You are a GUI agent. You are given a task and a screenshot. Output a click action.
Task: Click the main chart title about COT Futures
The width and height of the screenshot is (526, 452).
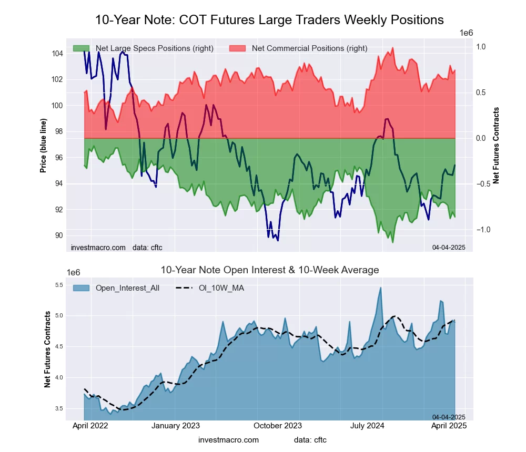(x=269, y=20)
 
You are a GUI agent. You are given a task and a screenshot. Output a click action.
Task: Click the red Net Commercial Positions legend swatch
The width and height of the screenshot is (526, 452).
(x=238, y=48)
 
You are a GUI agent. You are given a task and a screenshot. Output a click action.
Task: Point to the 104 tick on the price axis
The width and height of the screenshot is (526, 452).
(x=57, y=54)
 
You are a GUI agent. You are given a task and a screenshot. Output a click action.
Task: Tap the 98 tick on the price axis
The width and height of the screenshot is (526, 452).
(x=59, y=131)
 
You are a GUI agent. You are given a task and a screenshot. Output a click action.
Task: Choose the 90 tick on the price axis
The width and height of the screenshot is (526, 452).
(x=59, y=235)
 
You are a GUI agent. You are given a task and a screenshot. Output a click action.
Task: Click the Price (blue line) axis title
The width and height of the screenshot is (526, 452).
(x=44, y=145)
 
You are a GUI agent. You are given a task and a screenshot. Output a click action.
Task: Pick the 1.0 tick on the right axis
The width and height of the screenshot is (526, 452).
(x=481, y=47)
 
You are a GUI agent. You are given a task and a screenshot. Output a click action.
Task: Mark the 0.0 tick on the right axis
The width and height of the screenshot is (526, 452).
(x=481, y=138)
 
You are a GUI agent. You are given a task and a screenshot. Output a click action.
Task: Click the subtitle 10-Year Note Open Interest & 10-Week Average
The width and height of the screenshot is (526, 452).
(x=269, y=270)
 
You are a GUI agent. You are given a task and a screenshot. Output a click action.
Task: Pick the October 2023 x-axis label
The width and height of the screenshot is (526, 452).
(x=278, y=426)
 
